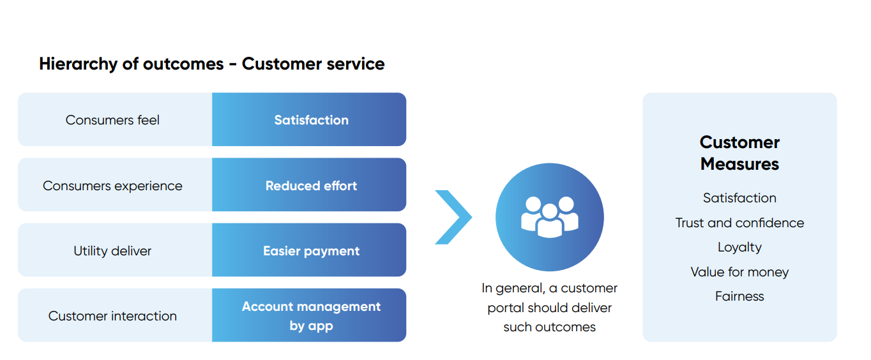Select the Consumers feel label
(112, 120)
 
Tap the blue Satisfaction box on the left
(309, 119)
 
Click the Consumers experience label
(112, 186)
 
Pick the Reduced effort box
(309, 184)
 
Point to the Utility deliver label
(112, 251)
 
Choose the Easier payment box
(309, 250)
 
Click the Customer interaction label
(112, 316)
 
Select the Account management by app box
(309, 315)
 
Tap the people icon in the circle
(549, 217)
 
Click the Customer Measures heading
(739, 153)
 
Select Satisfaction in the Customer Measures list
(739, 198)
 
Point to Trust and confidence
(739, 223)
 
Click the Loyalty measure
(739, 247)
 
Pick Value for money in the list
(739, 272)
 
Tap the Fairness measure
(739, 296)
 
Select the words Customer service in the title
(314, 64)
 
